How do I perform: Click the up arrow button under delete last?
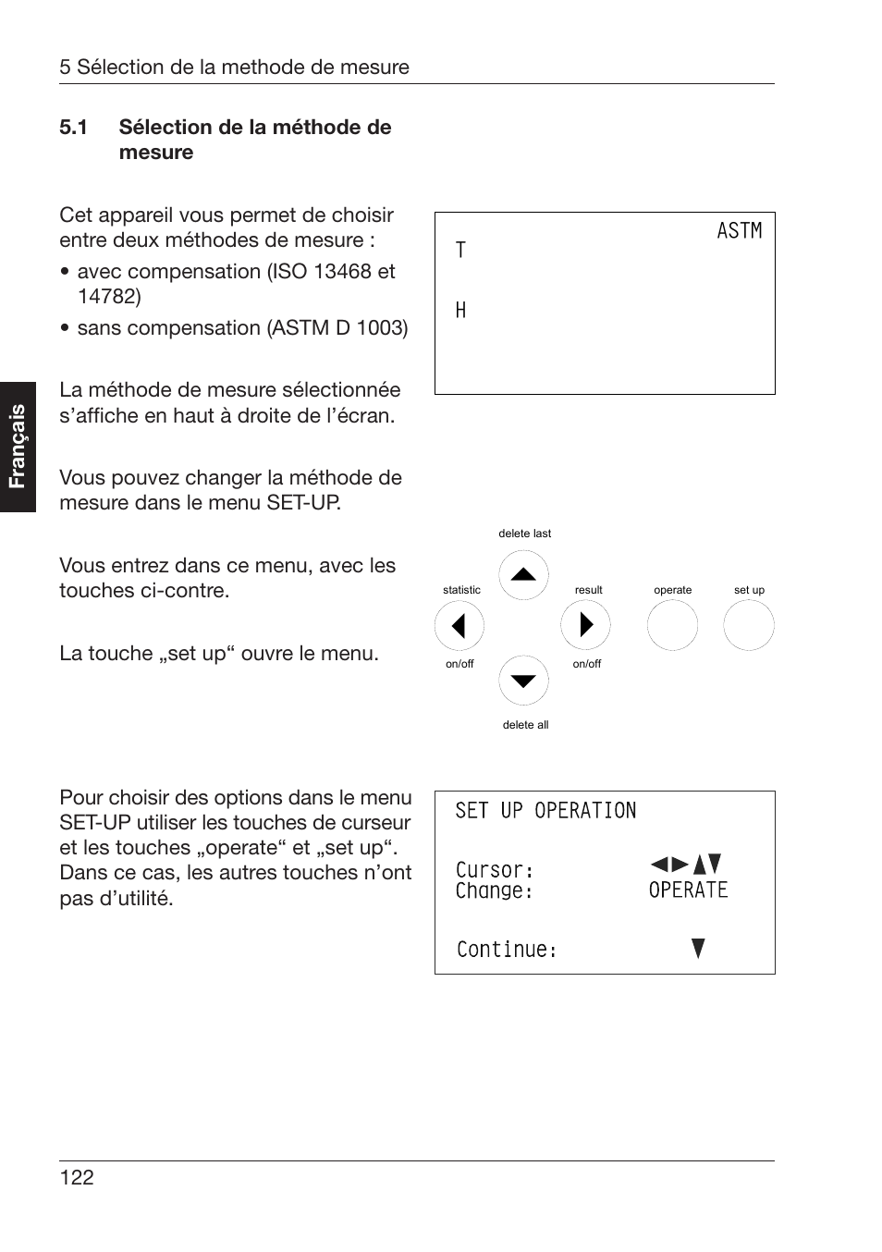(523, 575)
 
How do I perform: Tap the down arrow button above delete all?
(523, 681)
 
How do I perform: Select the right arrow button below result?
(585, 625)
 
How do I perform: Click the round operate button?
(672, 625)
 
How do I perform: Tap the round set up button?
(748, 625)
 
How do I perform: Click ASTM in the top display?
(739, 231)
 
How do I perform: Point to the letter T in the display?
(460, 251)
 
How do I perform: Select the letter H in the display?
(460, 311)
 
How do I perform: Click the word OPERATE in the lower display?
(688, 890)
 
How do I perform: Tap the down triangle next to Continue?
(698, 948)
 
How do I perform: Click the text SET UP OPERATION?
(545, 811)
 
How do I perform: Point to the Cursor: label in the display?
(495, 870)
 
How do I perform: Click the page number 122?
(77, 1177)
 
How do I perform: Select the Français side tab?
(18, 447)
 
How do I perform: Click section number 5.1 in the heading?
(73, 128)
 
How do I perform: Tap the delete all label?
(525, 725)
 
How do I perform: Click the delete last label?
(524, 534)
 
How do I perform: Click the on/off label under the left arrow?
(459, 664)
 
